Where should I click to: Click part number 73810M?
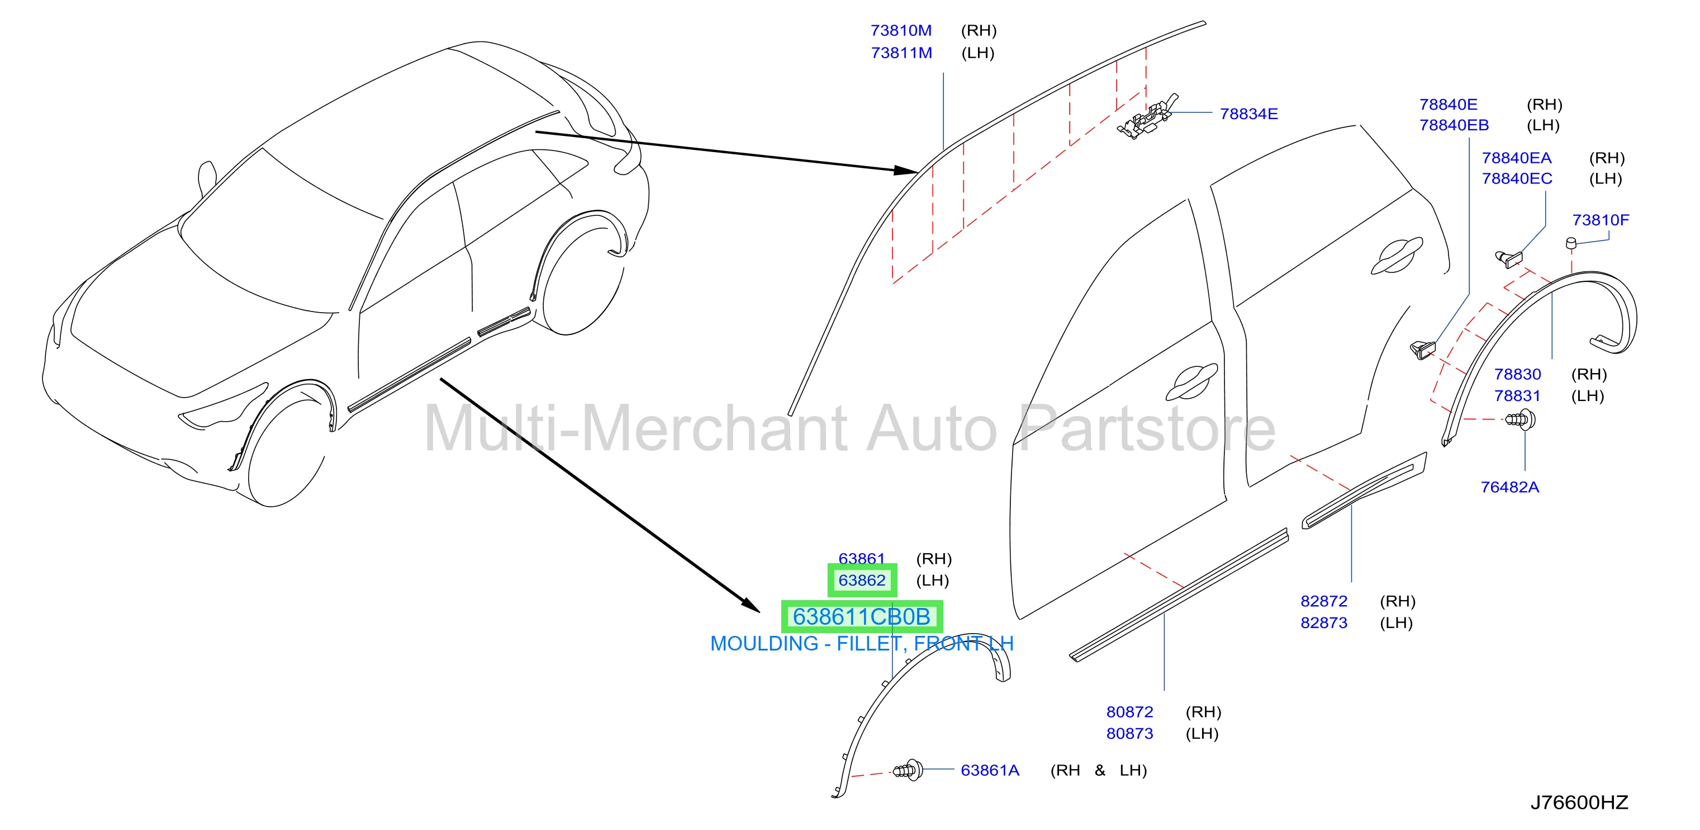point(901,31)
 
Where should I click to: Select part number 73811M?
point(901,53)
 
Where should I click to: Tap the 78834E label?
point(1248,114)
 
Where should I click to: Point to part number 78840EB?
point(1454,125)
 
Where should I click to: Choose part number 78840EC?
point(1517,179)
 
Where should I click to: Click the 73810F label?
point(1601,220)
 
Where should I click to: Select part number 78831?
point(1517,396)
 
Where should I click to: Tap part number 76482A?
point(1510,487)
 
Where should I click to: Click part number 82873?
point(1324,623)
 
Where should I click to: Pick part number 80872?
point(1130,713)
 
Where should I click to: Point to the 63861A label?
point(990,771)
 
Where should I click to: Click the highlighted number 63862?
point(862,581)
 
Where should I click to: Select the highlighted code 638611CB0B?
point(862,617)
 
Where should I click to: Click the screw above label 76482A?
point(1520,418)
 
